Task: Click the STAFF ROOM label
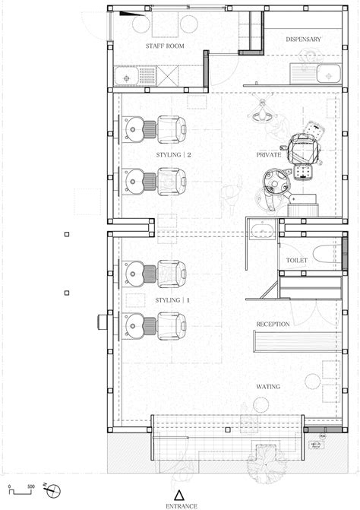pyautogui.click(x=165, y=46)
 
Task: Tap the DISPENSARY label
pyautogui.click(x=303, y=39)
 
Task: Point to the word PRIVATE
pyautogui.click(x=269, y=155)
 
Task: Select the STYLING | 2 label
pyautogui.click(x=173, y=155)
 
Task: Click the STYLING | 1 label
pyautogui.click(x=172, y=300)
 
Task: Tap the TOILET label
pyautogui.click(x=297, y=260)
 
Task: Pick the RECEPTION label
pyautogui.click(x=273, y=324)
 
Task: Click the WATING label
pyautogui.click(x=268, y=386)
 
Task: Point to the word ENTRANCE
pyautogui.click(x=182, y=505)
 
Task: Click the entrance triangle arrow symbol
pyautogui.click(x=179, y=495)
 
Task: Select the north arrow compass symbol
pyautogui.click(x=52, y=489)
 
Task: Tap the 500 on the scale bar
pyautogui.click(x=31, y=486)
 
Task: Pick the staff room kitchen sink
pyautogui.click(x=126, y=77)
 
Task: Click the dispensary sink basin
pyautogui.click(x=329, y=74)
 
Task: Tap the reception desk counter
pyautogui.click(x=297, y=341)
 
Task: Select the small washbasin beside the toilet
pyautogui.click(x=262, y=230)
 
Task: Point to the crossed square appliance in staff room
pyautogui.click(x=168, y=76)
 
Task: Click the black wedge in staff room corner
pyautogui.click(x=131, y=14)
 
